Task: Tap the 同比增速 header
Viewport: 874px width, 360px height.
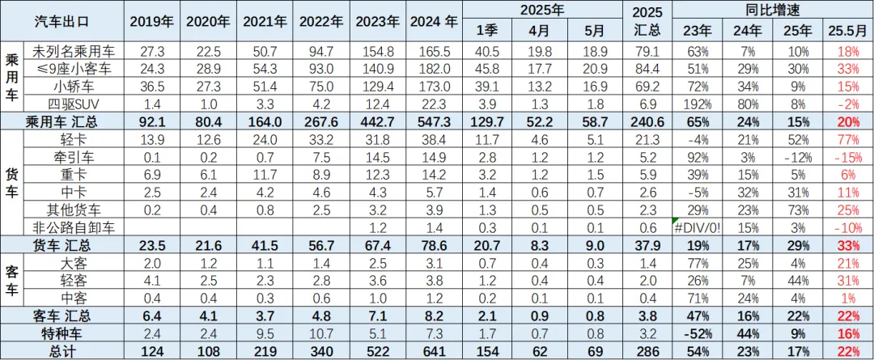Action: [x=772, y=10]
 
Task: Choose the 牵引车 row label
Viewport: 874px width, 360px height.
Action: [x=73, y=156]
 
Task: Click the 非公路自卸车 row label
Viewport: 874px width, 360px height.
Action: [x=73, y=227]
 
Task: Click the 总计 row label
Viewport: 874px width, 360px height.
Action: [x=64, y=349]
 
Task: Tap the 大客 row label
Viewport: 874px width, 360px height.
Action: [x=73, y=262]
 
